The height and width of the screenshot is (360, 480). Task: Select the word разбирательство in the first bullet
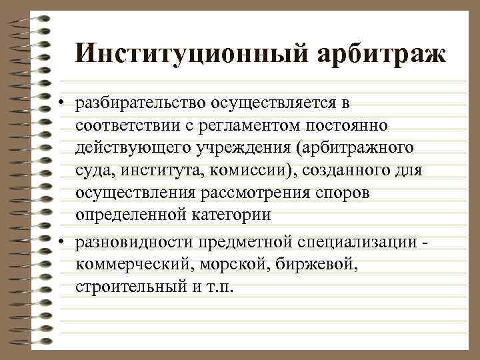pos(141,103)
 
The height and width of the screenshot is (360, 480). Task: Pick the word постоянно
pos(359,126)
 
